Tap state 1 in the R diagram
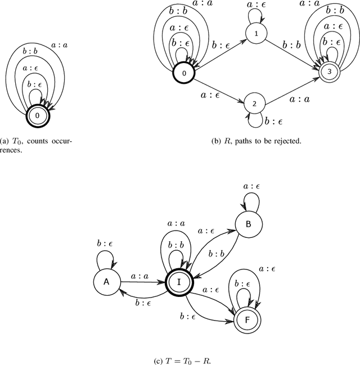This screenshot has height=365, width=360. point(256,34)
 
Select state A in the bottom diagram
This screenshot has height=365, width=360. point(105,283)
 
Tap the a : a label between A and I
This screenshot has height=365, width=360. point(139,277)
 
